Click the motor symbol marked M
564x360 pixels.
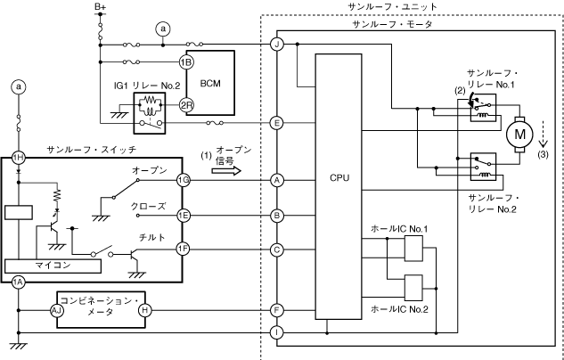click(x=518, y=135)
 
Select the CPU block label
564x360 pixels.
click(x=339, y=178)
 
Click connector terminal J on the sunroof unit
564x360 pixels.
click(x=277, y=44)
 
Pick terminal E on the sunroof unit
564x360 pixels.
click(x=277, y=123)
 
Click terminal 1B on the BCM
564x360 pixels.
click(x=185, y=62)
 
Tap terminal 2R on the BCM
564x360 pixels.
click(x=185, y=105)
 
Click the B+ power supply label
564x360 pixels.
click(x=101, y=7)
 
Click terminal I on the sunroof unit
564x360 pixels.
click(x=277, y=333)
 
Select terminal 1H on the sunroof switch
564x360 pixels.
click(x=18, y=157)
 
